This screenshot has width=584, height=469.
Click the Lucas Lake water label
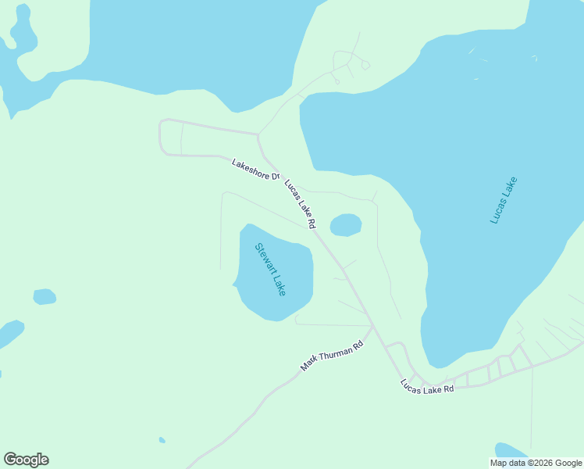tap(504, 201)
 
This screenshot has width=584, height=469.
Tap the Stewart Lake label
tap(271, 270)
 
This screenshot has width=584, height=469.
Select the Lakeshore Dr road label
tap(255, 170)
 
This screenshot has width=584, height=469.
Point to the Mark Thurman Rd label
tap(333, 356)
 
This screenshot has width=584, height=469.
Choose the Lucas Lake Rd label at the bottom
tap(427, 386)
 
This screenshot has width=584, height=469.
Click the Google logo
tap(26, 460)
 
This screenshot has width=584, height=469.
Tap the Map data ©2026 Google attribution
tap(536, 463)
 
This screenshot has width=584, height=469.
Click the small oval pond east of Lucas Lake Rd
tap(346, 225)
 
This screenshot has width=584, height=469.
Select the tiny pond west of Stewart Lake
tap(45, 297)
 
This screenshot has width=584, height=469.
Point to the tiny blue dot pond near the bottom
tap(162, 440)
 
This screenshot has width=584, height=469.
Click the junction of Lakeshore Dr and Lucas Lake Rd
tap(259, 134)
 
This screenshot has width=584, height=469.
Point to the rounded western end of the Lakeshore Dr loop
tap(161, 136)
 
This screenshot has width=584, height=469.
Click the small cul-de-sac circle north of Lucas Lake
tap(365, 66)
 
